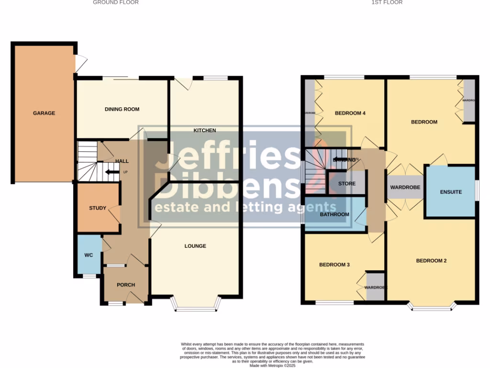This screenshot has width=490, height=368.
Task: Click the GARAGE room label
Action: click(44, 114)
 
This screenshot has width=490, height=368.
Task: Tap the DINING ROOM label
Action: click(122, 109)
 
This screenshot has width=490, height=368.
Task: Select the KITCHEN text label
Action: click(205, 130)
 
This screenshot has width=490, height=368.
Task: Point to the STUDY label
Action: click(98, 208)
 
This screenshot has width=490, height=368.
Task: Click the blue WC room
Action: click(89, 255)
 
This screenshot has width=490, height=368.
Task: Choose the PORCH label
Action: click(126, 285)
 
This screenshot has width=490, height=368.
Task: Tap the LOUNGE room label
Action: click(195, 246)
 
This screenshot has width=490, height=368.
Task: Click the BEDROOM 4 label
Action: click(350, 114)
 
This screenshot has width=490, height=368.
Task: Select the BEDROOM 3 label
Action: click(334, 264)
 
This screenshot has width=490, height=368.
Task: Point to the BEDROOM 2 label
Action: click(431, 261)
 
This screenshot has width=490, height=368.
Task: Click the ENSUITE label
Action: click(451, 192)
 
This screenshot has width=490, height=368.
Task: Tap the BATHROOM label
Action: click(334, 214)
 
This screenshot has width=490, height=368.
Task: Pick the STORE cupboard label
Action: click(347, 184)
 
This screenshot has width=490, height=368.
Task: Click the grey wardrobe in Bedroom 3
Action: click(375, 287)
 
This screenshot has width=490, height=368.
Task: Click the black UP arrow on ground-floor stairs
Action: click(112, 172)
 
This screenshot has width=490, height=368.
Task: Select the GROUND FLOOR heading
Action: click(116, 2)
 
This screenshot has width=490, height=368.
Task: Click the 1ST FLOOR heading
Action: click(387, 2)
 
